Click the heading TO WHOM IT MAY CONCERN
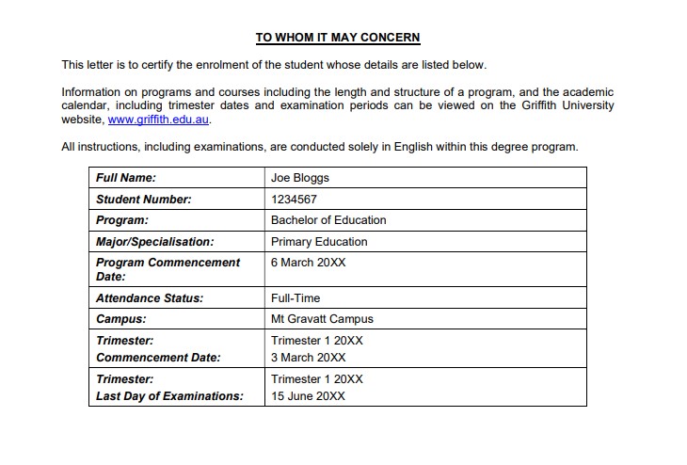click(x=338, y=38)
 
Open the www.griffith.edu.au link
click(x=159, y=120)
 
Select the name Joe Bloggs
click(x=300, y=177)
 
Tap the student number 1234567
click(x=295, y=199)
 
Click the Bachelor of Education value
click(x=328, y=220)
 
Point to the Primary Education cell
click(x=319, y=242)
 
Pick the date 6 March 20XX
click(x=308, y=263)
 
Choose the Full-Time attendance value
click(x=296, y=298)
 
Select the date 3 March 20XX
click(x=308, y=358)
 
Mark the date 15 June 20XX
click(x=308, y=396)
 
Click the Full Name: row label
click(x=126, y=177)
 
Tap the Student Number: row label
click(x=143, y=199)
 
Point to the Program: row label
click(x=122, y=220)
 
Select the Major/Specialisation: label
click(x=154, y=242)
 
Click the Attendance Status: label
click(x=150, y=298)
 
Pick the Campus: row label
click(x=120, y=319)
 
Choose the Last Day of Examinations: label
click(x=169, y=396)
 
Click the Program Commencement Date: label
click(x=168, y=269)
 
